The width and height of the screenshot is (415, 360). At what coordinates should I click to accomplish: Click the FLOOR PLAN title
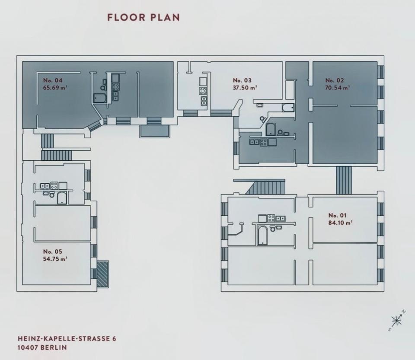point(144,17)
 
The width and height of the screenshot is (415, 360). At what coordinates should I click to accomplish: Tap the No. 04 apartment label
point(53,80)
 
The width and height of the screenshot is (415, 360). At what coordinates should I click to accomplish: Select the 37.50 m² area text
point(245,88)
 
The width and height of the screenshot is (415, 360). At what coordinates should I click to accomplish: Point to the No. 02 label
point(335,80)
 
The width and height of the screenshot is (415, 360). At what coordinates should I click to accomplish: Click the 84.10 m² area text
point(340,223)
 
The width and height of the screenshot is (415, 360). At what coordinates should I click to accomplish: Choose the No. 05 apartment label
point(52,251)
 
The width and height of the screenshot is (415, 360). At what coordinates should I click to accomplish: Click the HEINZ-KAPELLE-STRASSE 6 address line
point(67,338)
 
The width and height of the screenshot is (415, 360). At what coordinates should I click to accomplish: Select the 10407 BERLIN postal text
point(42,347)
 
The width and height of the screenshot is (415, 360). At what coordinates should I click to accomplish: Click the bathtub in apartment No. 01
point(262,235)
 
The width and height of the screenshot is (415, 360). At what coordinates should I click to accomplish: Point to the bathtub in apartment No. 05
point(62,198)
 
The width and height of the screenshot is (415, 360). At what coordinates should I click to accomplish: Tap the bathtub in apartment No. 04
point(100,98)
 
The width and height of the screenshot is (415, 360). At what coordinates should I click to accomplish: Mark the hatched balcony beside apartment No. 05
point(102,274)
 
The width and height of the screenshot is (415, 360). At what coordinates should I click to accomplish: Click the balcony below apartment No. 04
point(155,131)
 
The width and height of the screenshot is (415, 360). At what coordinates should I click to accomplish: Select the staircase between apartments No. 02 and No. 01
point(344,180)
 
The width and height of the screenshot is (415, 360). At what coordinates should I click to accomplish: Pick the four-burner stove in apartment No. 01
point(271,218)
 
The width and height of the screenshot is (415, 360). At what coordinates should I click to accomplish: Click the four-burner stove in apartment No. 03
point(203,91)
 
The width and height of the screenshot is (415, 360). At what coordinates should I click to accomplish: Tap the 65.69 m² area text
point(55,88)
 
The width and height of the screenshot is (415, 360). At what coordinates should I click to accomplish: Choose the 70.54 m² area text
point(337,88)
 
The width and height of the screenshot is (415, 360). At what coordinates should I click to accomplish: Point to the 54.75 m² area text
point(55,259)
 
